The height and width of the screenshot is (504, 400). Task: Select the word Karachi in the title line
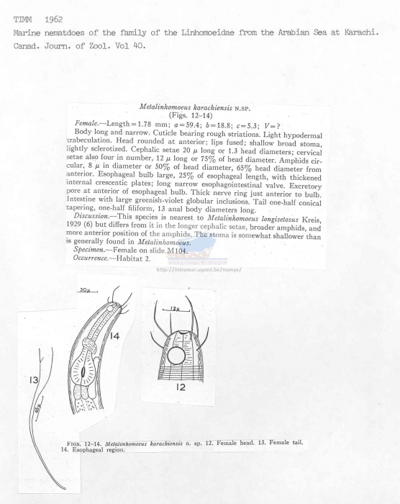coord(372,33)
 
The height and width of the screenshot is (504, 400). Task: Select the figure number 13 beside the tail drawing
coord(33,381)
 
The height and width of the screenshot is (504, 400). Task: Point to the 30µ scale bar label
coord(84,290)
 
